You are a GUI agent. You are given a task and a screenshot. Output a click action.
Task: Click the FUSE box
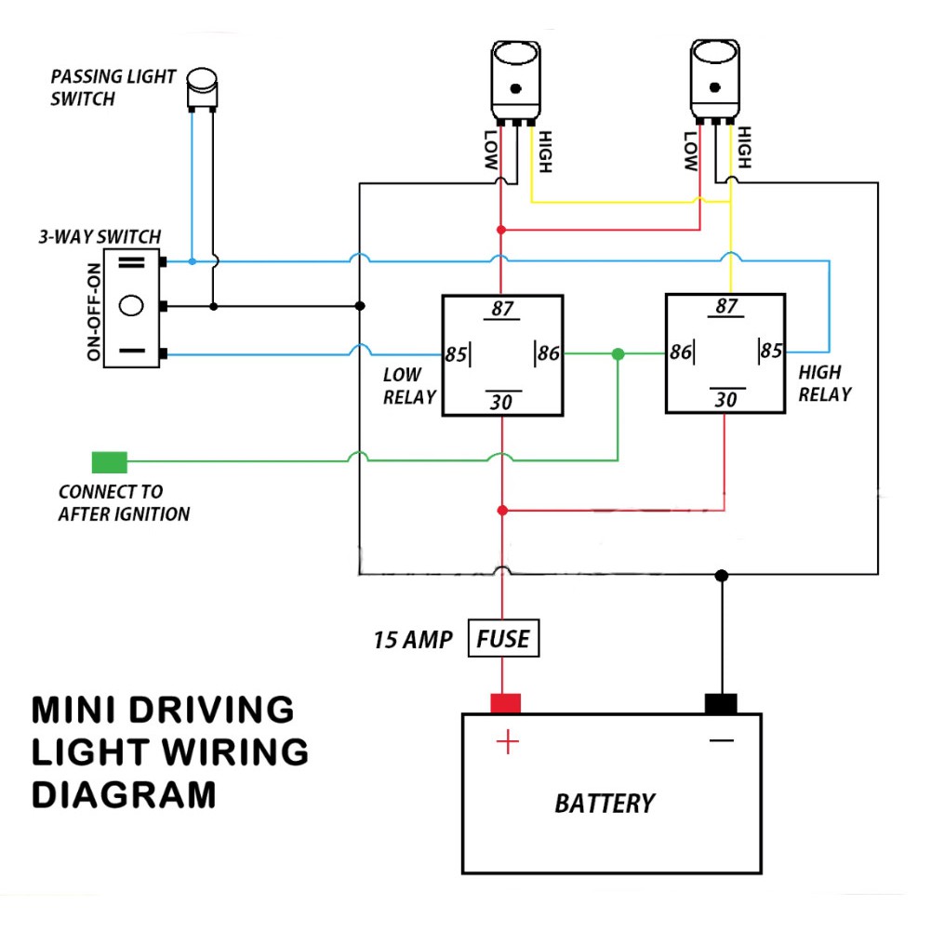click(503, 638)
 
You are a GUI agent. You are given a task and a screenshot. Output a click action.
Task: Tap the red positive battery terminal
click(505, 703)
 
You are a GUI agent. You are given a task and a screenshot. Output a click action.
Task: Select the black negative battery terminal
click(721, 703)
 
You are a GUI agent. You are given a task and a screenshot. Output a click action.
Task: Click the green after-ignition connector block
click(109, 462)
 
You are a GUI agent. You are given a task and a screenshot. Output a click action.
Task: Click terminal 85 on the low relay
click(456, 354)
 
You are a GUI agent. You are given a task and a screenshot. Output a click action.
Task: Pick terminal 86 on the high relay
click(681, 352)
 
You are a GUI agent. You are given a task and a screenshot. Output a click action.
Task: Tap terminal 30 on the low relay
click(501, 402)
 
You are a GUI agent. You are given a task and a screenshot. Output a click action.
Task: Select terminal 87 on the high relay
click(726, 306)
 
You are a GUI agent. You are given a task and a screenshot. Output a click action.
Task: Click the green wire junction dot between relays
click(618, 354)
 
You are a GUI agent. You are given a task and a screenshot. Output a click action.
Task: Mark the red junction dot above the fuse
click(502, 511)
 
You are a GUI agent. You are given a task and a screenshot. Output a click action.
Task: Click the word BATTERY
click(605, 804)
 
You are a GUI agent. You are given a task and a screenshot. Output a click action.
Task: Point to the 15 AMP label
click(413, 640)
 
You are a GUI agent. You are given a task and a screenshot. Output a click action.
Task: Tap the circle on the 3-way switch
click(131, 306)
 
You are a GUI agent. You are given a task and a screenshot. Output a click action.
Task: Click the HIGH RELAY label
click(825, 383)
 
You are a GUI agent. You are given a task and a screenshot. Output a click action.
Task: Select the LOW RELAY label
click(409, 386)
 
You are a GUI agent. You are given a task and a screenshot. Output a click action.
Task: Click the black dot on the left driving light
click(515, 88)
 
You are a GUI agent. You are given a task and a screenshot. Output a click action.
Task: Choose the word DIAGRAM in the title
click(124, 795)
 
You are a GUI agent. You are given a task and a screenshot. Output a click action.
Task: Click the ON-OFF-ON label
click(94, 312)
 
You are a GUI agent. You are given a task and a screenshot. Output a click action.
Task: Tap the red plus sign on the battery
click(508, 742)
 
